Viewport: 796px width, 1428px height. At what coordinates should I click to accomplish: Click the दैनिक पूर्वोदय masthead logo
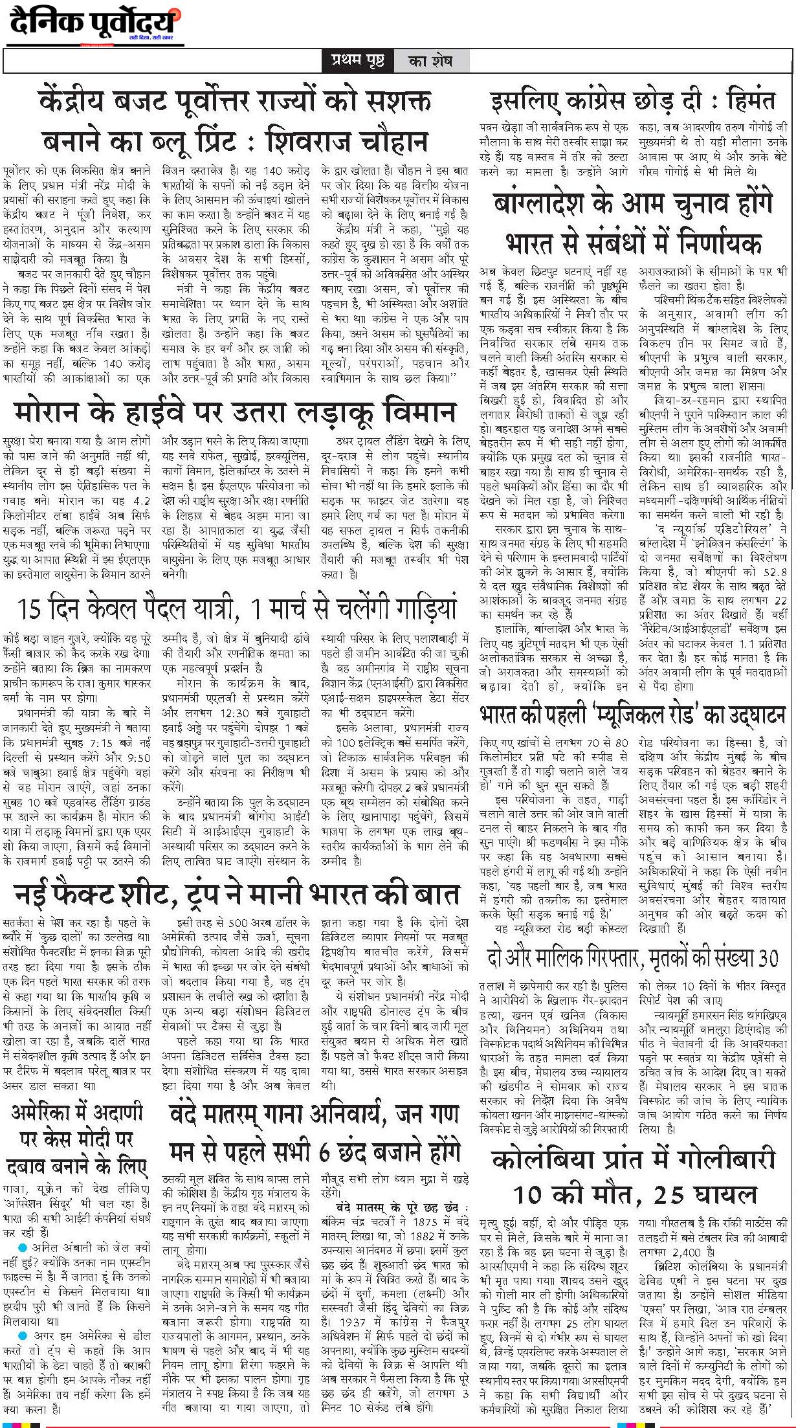pos(94,26)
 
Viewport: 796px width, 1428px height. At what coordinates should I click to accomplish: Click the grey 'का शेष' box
pos(430,61)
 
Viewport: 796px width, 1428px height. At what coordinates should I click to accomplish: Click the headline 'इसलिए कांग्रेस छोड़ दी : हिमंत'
pos(633,102)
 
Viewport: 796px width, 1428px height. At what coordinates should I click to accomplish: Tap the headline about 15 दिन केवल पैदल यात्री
pos(237,608)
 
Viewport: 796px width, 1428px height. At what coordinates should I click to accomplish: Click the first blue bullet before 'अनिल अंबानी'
pos(23,1247)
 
